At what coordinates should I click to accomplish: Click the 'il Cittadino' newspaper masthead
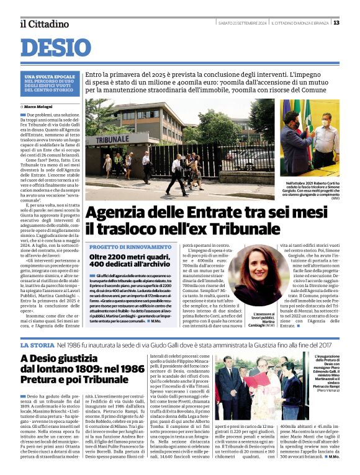(x=43, y=24)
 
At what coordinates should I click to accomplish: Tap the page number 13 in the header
(x=353, y=23)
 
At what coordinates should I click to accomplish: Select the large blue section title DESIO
(x=60, y=48)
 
